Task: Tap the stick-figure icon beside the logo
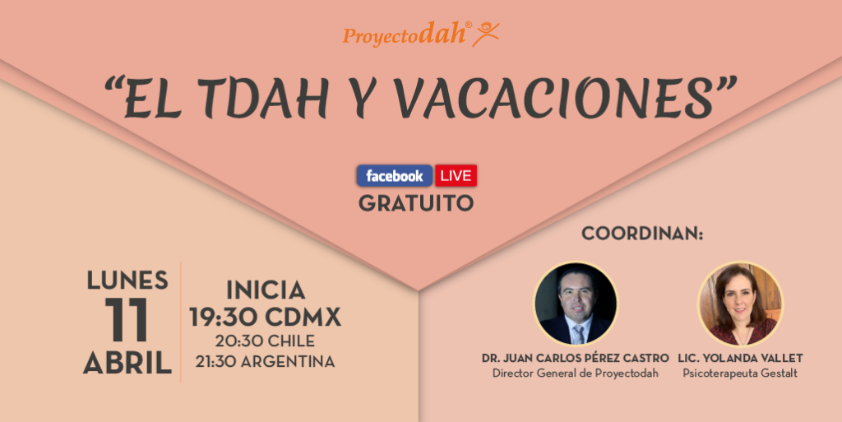(486, 34)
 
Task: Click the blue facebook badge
(395, 175)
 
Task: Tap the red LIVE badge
(456, 175)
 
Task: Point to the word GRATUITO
(416, 203)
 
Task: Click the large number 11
(127, 320)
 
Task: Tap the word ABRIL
(127, 363)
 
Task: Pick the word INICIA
(266, 290)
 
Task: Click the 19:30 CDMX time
(266, 318)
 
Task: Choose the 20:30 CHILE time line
(266, 341)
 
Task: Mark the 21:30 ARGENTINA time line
(266, 361)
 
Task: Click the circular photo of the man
(575, 304)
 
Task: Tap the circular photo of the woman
(740, 304)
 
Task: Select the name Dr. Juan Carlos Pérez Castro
(576, 358)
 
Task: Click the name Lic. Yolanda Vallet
(740, 358)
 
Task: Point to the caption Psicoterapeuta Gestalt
(740, 373)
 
